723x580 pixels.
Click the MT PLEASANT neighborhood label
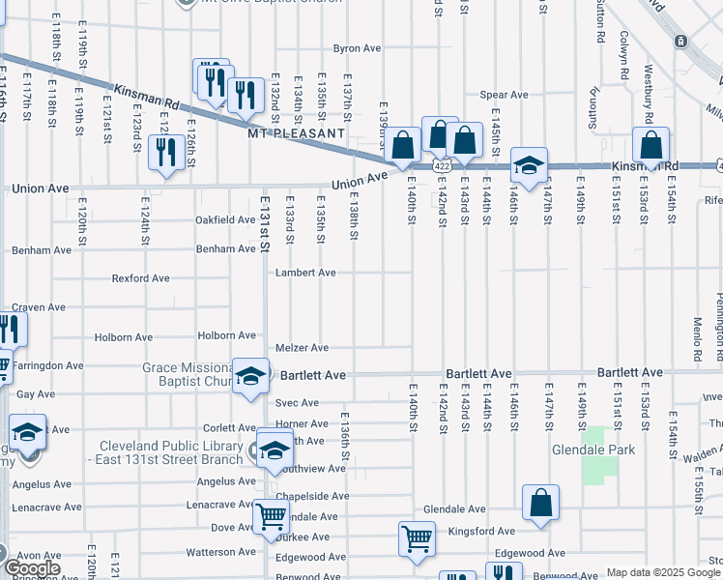click(x=296, y=132)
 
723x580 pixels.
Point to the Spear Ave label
click(x=505, y=95)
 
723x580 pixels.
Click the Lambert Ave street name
click(x=305, y=273)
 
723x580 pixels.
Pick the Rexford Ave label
click(x=140, y=278)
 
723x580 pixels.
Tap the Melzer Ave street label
click(x=302, y=348)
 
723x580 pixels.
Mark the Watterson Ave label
click(x=218, y=553)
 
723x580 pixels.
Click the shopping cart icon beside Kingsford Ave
click(x=417, y=538)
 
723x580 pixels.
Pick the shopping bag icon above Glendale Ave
click(x=540, y=503)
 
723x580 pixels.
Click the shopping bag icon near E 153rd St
click(x=651, y=146)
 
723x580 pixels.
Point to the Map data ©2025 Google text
click(x=662, y=572)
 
